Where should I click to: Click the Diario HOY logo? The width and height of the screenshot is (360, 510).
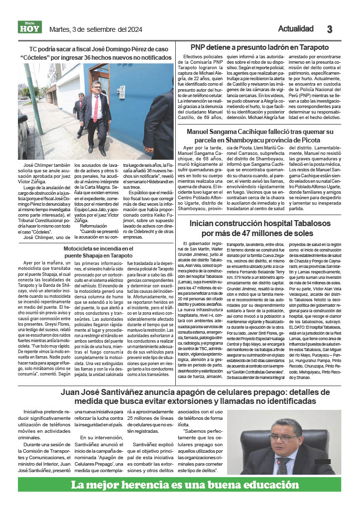point(30,27)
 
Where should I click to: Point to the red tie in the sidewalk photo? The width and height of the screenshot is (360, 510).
point(96,109)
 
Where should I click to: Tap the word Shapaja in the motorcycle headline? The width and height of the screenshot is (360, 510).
point(90,255)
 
